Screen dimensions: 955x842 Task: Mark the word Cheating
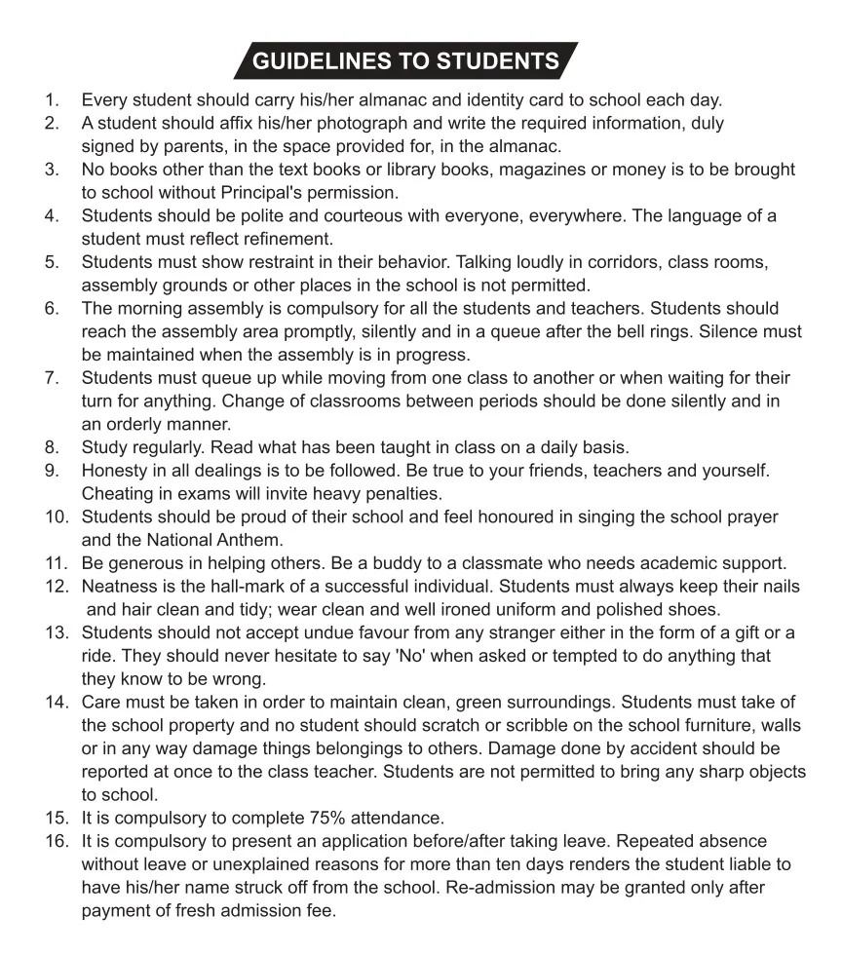(117, 493)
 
